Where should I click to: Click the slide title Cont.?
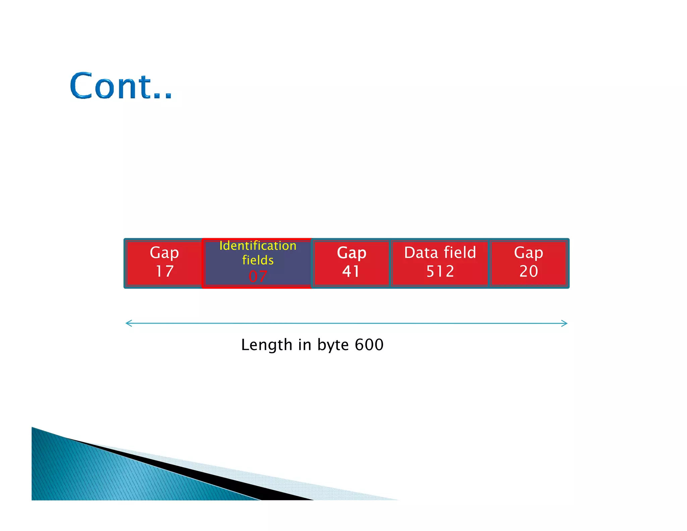121,86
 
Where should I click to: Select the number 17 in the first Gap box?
164,271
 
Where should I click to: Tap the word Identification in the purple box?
258,246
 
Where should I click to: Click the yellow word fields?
258,260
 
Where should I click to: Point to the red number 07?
258,276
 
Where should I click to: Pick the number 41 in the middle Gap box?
351,271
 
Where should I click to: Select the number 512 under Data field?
440,271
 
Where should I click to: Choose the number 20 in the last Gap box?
529,271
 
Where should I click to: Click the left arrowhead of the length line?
128,323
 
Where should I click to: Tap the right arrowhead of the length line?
565,323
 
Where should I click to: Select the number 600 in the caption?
369,345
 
